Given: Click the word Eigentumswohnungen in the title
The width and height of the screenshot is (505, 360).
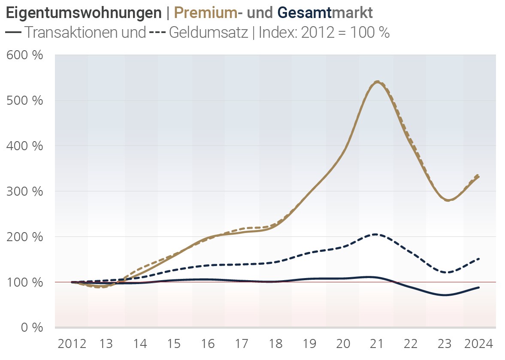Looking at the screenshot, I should click(83, 13).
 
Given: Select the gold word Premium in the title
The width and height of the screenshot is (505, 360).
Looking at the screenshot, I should click(206, 13).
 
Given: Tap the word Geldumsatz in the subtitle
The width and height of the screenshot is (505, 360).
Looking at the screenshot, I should click(209, 33).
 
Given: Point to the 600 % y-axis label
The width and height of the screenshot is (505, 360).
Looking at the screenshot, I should click(25, 55).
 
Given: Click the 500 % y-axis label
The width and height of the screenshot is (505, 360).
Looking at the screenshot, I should click(25, 100).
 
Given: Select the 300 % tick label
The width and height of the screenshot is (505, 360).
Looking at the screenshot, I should click(25, 191).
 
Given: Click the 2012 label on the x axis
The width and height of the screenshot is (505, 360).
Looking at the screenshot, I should click(72, 344).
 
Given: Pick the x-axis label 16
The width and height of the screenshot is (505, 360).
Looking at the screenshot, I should click(208, 344).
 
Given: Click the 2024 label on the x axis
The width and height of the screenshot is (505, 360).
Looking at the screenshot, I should click(479, 344).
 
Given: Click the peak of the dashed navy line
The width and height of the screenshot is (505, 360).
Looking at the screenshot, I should click(375, 234).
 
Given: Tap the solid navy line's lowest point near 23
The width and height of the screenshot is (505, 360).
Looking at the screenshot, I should click(446, 295).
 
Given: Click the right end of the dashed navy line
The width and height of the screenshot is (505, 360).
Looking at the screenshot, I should click(479, 259).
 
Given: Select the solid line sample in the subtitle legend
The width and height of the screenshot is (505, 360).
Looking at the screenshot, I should click(14, 33).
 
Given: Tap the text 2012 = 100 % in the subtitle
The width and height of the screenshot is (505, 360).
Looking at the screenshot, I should click(345, 33).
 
